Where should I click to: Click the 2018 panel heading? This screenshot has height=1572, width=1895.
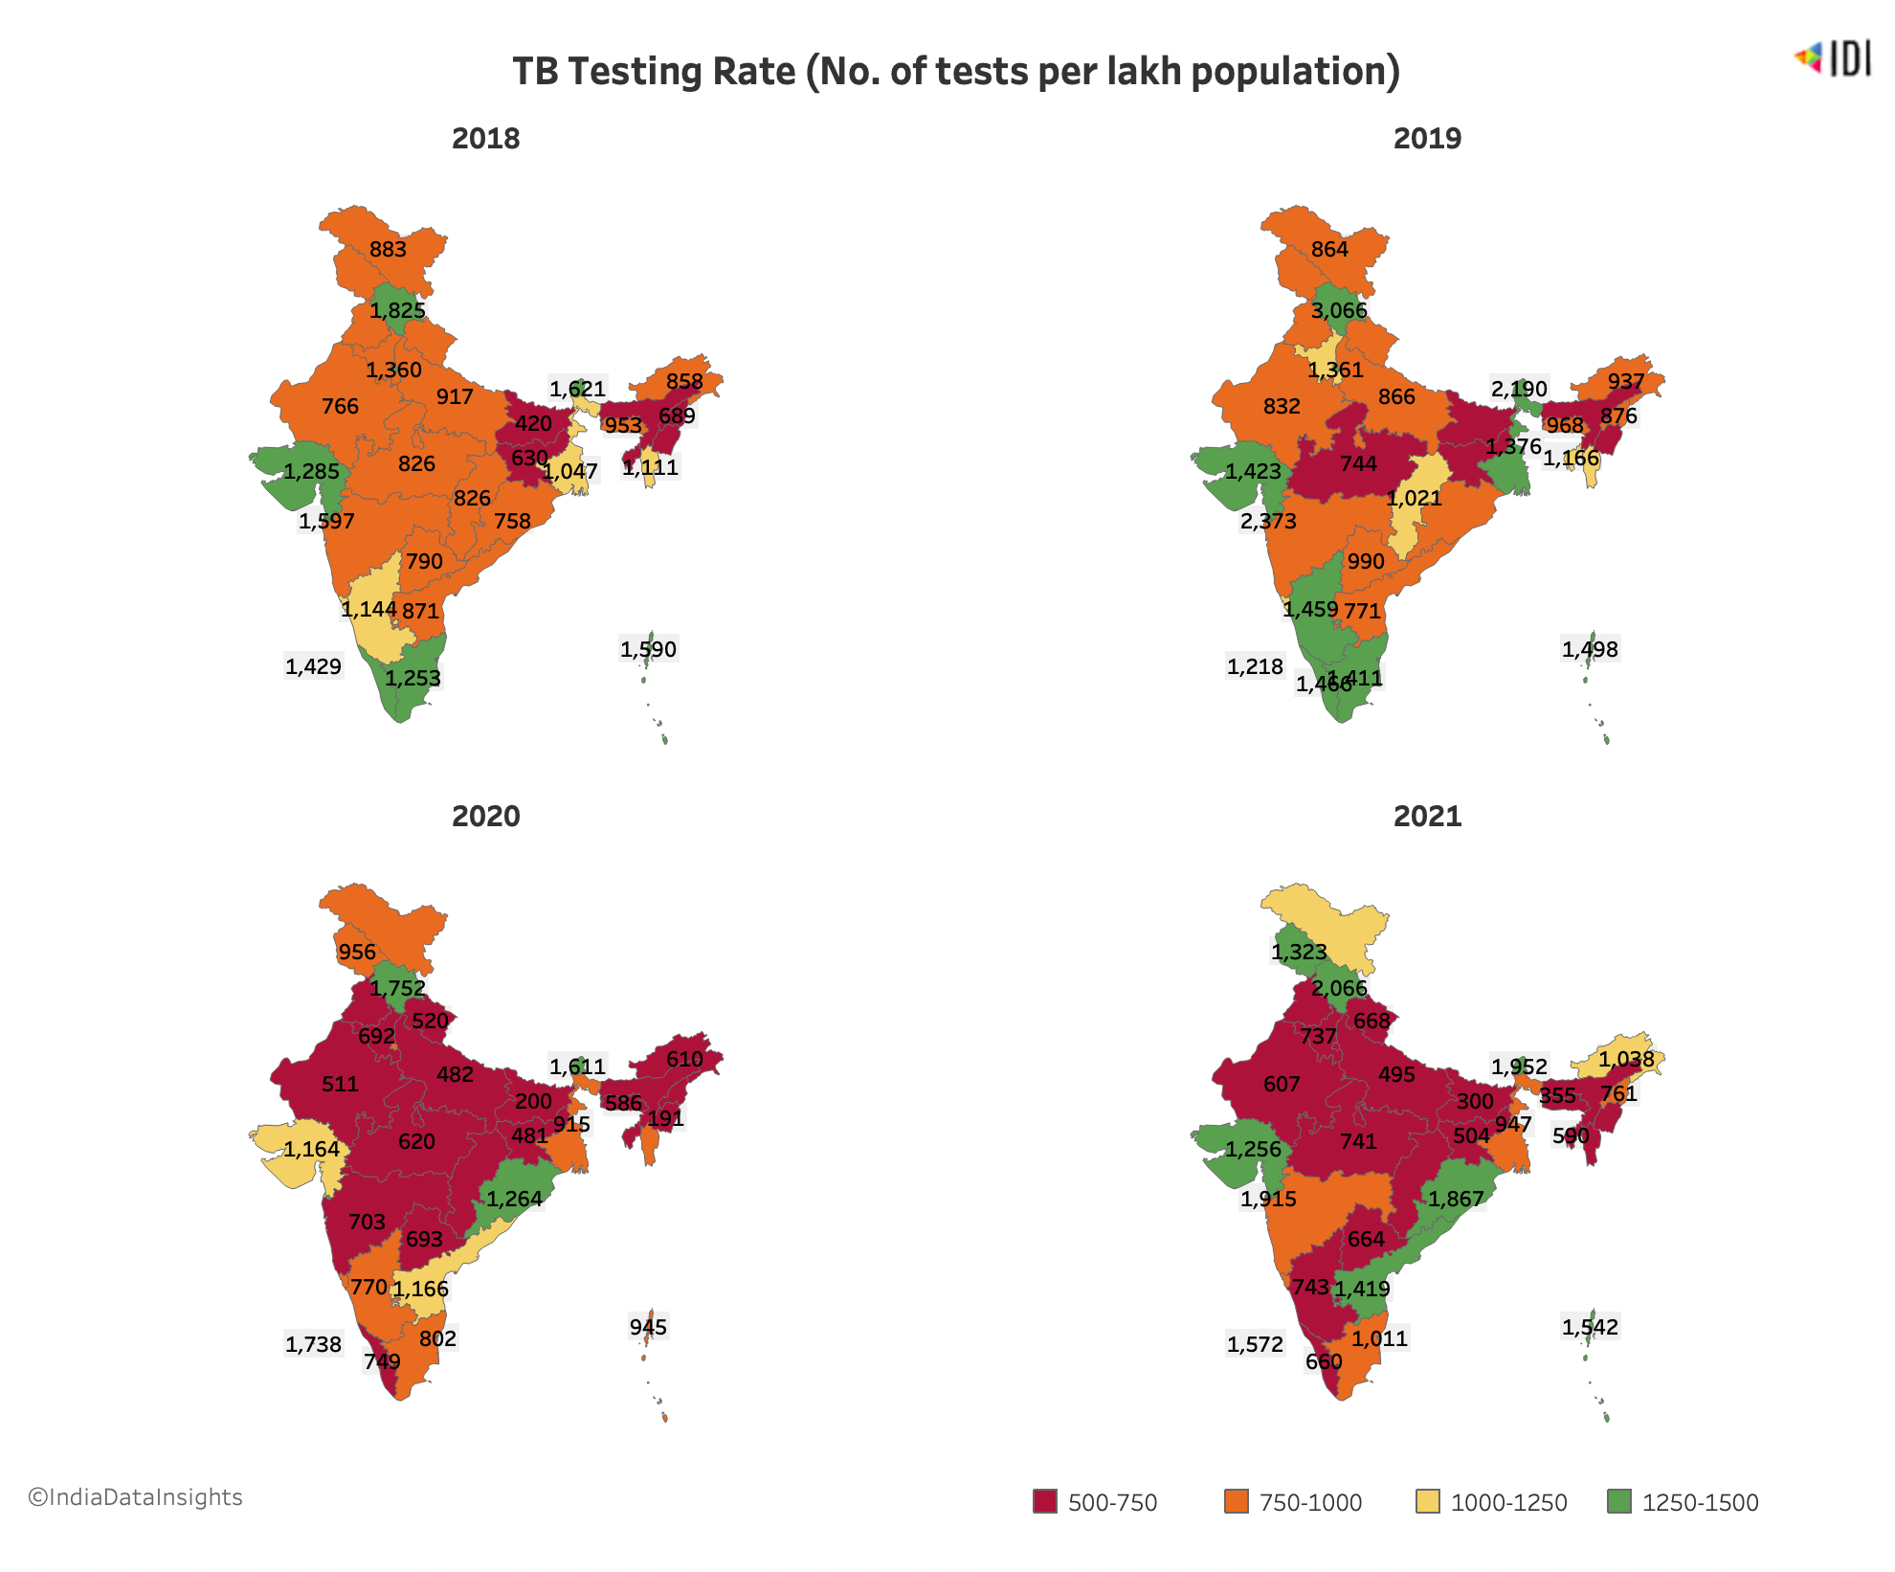coord(485,139)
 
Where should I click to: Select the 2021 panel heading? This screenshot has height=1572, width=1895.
coord(1427,817)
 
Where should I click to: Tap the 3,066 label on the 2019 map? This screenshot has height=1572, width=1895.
coord(1339,310)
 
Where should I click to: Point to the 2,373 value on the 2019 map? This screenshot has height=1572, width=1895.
coord(1268,521)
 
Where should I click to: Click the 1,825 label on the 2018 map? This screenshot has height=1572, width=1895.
coord(397,310)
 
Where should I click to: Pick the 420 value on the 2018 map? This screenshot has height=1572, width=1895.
coord(533,423)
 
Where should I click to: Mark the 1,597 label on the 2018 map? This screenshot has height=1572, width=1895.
coord(326,521)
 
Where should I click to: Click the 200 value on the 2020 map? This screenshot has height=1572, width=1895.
coord(533,1101)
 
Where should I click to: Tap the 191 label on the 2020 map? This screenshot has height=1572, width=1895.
coord(665,1118)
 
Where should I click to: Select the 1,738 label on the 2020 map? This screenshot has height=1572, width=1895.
coord(313,1344)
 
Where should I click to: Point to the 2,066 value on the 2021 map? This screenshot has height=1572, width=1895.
coord(1339,988)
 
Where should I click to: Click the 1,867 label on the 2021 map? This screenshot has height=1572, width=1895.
coord(1456,1199)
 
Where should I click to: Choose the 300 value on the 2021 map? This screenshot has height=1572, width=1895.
coord(1475,1101)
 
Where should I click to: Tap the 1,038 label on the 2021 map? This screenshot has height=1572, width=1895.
coord(1626,1059)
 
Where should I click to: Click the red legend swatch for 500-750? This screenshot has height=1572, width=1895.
coord(1045,1501)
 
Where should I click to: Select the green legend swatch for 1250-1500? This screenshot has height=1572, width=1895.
coord(1619,1501)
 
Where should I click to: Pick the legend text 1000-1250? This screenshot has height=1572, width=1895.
coord(1508,1503)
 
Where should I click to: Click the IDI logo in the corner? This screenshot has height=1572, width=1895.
coord(1832,58)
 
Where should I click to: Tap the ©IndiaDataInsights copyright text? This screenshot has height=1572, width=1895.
coord(135,1497)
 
